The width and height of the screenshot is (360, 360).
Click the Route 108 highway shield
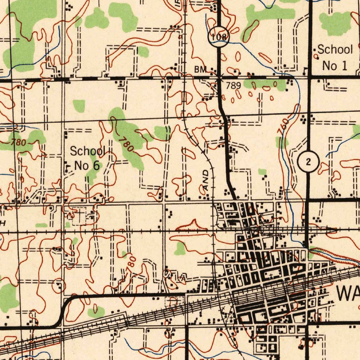(x=218, y=36)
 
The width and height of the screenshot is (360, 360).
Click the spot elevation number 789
(x=233, y=85)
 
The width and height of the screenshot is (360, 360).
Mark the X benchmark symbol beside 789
(x=219, y=76)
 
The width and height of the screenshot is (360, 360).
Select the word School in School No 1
(x=335, y=50)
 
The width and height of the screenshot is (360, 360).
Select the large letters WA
(x=348, y=293)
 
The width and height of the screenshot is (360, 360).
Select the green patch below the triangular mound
(x=180, y=248)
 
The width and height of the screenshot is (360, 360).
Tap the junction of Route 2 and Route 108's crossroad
(x=309, y=76)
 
